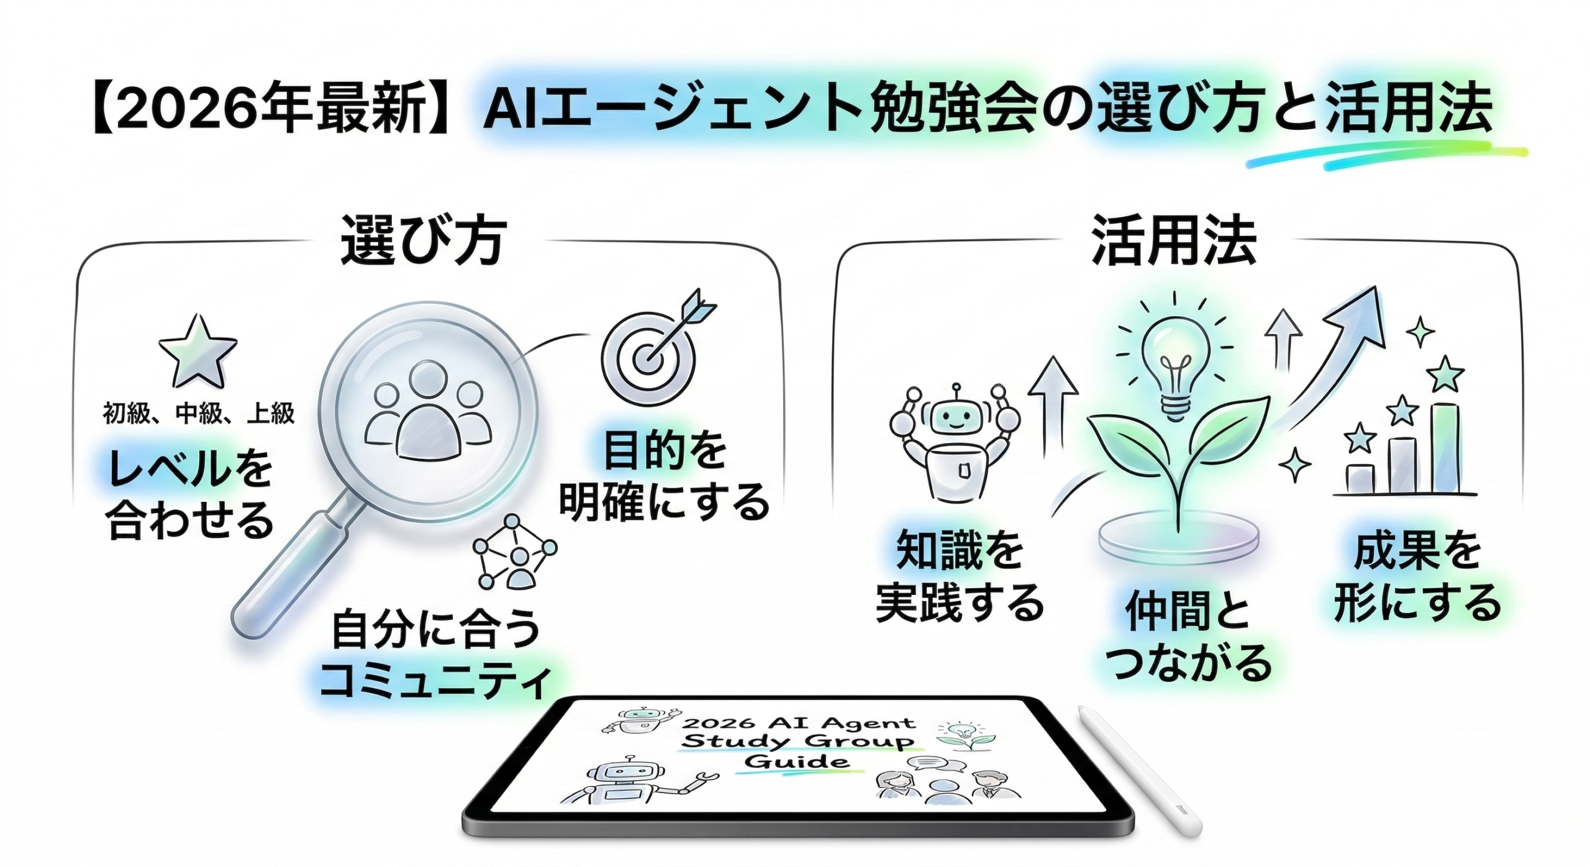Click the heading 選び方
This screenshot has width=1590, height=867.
tap(423, 241)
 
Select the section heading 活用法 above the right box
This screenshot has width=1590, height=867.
tap(1174, 241)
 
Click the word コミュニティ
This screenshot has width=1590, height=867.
tap(435, 681)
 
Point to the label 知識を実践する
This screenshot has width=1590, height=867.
tap(960, 577)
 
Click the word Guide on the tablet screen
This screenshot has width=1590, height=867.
tap(796, 761)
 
